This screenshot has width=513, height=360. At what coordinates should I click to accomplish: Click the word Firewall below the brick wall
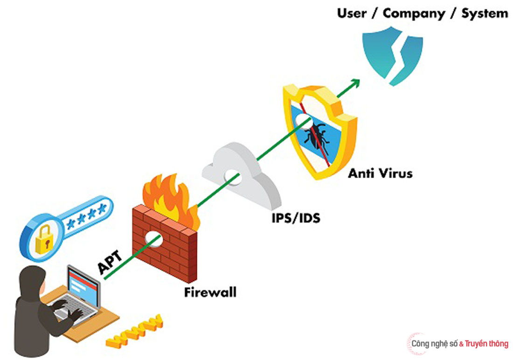pos(210,293)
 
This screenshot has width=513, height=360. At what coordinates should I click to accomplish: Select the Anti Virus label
pos(380,173)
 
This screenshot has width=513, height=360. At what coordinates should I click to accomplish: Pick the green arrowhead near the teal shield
pos(355,83)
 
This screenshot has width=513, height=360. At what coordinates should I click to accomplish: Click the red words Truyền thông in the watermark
pos(486,344)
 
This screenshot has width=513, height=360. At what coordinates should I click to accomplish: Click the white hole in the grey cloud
pos(232,176)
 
